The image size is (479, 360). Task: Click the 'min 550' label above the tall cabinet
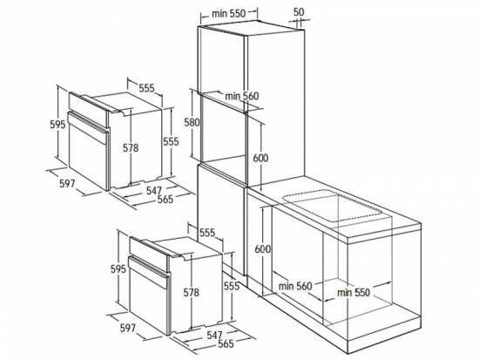click(x=229, y=13)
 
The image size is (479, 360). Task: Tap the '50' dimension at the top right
click(x=299, y=12)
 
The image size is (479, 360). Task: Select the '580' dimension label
click(x=192, y=122)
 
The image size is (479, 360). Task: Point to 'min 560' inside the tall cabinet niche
click(x=242, y=96)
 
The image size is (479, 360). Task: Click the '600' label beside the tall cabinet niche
click(x=260, y=158)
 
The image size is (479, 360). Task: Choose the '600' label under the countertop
click(x=263, y=249)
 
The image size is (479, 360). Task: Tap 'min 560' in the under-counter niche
click(x=295, y=286)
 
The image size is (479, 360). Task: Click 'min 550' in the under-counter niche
click(x=354, y=292)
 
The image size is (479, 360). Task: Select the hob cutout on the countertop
click(x=333, y=205)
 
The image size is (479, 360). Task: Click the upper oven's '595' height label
click(x=57, y=125)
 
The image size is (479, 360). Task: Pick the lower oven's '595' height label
click(x=118, y=268)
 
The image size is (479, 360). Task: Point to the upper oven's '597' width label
click(x=67, y=184)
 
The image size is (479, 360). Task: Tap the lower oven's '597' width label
click(x=128, y=328)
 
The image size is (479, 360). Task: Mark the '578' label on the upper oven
click(x=131, y=148)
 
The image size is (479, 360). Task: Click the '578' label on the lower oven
click(x=192, y=293)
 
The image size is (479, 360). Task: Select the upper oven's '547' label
click(x=154, y=191)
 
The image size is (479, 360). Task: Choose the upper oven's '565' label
click(x=165, y=199)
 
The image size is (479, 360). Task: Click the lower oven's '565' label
click(x=226, y=343)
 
